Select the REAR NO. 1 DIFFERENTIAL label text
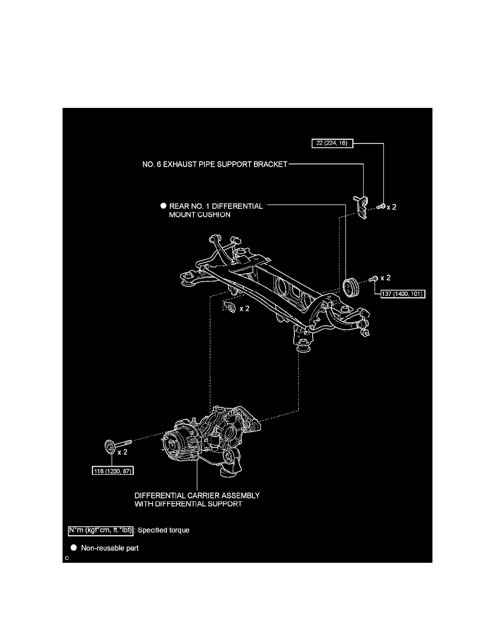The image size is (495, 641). click(x=216, y=206)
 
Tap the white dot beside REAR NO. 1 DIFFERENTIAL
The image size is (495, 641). click(x=163, y=206)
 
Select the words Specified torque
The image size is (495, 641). click(x=164, y=530)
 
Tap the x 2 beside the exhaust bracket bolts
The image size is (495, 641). click(x=391, y=207)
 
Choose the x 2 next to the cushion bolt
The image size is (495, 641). click(x=386, y=278)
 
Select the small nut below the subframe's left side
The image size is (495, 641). click(x=229, y=308)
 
